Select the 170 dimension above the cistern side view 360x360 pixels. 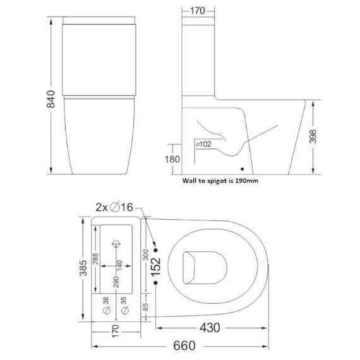click(198, 11)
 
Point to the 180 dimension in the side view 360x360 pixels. click(172, 159)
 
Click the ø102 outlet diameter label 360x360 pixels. click(204, 145)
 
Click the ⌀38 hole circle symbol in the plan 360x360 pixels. click(106, 311)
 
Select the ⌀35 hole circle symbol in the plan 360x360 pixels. click(125, 311)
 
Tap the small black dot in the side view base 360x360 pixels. click(243, 169)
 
